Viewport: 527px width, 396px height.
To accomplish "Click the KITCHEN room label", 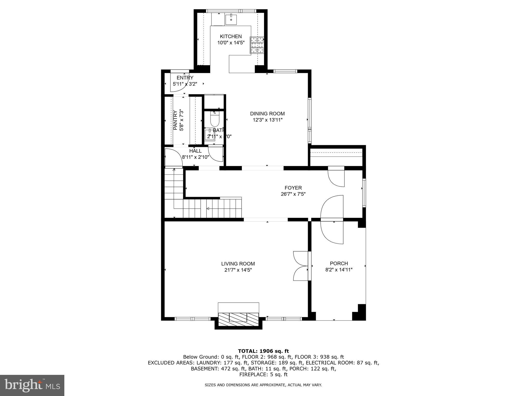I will coord(231,37).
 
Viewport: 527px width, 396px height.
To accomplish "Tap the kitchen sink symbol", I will coord(231,20).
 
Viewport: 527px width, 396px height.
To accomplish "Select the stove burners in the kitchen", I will coord(257,45).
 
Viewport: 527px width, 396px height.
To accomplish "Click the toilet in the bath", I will coord(215,119).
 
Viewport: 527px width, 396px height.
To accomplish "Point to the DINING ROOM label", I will coord(267,114).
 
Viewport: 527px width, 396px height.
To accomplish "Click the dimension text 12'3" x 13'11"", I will coord(267,120).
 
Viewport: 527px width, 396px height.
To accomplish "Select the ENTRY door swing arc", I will coord(178,84).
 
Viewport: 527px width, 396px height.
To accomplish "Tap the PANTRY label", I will coord(175,120).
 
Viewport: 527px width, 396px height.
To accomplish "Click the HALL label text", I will coord(195,151).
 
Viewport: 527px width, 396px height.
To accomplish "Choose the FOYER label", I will coord(293,188).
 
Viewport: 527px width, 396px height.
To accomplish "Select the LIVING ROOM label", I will coord(238,264).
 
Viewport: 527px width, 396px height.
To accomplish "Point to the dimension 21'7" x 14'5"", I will coord(238,270).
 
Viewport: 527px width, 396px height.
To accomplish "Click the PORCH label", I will coord(339,263).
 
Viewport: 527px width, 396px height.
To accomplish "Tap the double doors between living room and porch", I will coord(301,266).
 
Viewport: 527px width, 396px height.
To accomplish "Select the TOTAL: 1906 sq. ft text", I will coord(263,351).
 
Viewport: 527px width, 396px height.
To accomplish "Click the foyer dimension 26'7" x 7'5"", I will coord(293,194).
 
